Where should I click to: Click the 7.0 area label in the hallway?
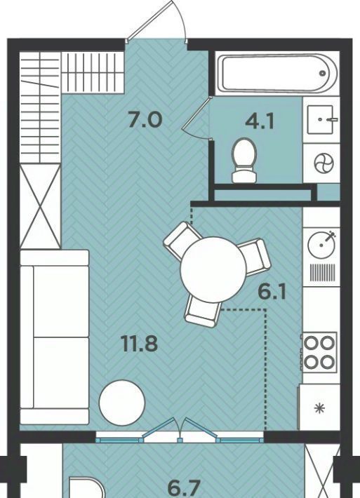click(145, 120)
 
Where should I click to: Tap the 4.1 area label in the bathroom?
click(260, 121)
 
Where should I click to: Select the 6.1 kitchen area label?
click(272, 292)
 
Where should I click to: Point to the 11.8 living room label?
click(139, 343)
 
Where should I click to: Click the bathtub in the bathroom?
click(276, 74)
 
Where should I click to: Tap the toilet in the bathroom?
click(244, 161)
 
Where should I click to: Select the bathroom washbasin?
click(321, 119)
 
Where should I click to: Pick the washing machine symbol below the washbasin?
click(324, 164)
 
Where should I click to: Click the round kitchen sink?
click(321, 245)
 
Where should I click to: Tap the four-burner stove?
click(319, 352)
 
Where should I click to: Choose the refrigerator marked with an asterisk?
click(319, 408)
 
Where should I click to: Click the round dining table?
click(213, 270)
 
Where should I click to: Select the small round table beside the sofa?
click(122, 402)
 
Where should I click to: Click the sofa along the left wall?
click(54, 337)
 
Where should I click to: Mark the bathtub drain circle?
click(323, 74)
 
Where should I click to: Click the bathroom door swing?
click(196, 118)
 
